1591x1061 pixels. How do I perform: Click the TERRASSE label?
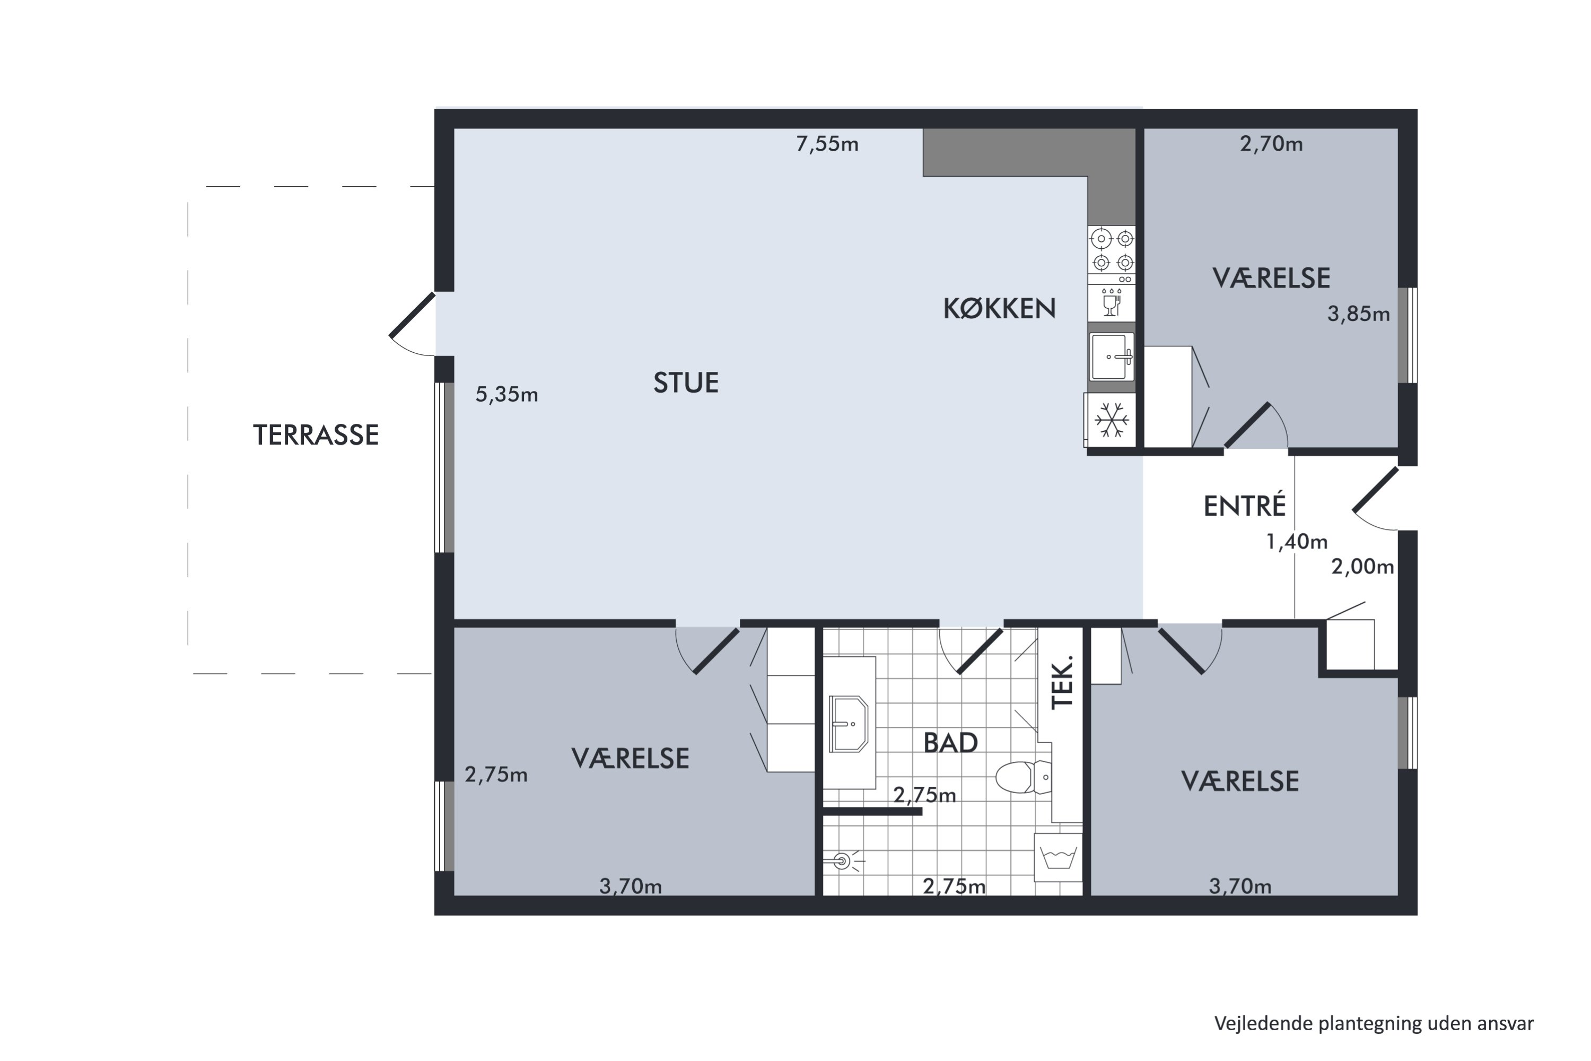[x=316, y=435]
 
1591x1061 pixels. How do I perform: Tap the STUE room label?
[x=685, y=383]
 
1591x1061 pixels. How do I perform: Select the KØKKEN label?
[x=999, y=309]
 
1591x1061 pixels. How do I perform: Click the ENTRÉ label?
[x=1245, y=506]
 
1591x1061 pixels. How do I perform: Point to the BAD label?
[x=950, y=743]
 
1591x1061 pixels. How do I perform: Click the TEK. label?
[x=1063, y=681]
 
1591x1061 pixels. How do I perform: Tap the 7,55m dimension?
[x=827, y=144]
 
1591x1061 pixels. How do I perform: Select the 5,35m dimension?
[x=506, y=395]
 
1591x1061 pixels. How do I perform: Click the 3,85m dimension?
[x=1358, y=314]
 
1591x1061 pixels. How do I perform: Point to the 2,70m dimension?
[x=1271, y=144]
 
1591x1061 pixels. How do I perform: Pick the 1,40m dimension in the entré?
[x=1297, y=542]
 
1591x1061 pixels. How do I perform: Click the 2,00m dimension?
[x=1362, y=567]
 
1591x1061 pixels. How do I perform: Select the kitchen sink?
[x=1112, y=356]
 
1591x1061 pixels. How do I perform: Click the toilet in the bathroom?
[x=1024, y=777]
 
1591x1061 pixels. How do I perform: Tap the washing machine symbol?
[x=1058, y=857]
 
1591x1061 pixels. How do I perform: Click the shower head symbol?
[x=842, y=862]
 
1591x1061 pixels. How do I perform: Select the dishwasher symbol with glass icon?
[x=1112, y=302]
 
